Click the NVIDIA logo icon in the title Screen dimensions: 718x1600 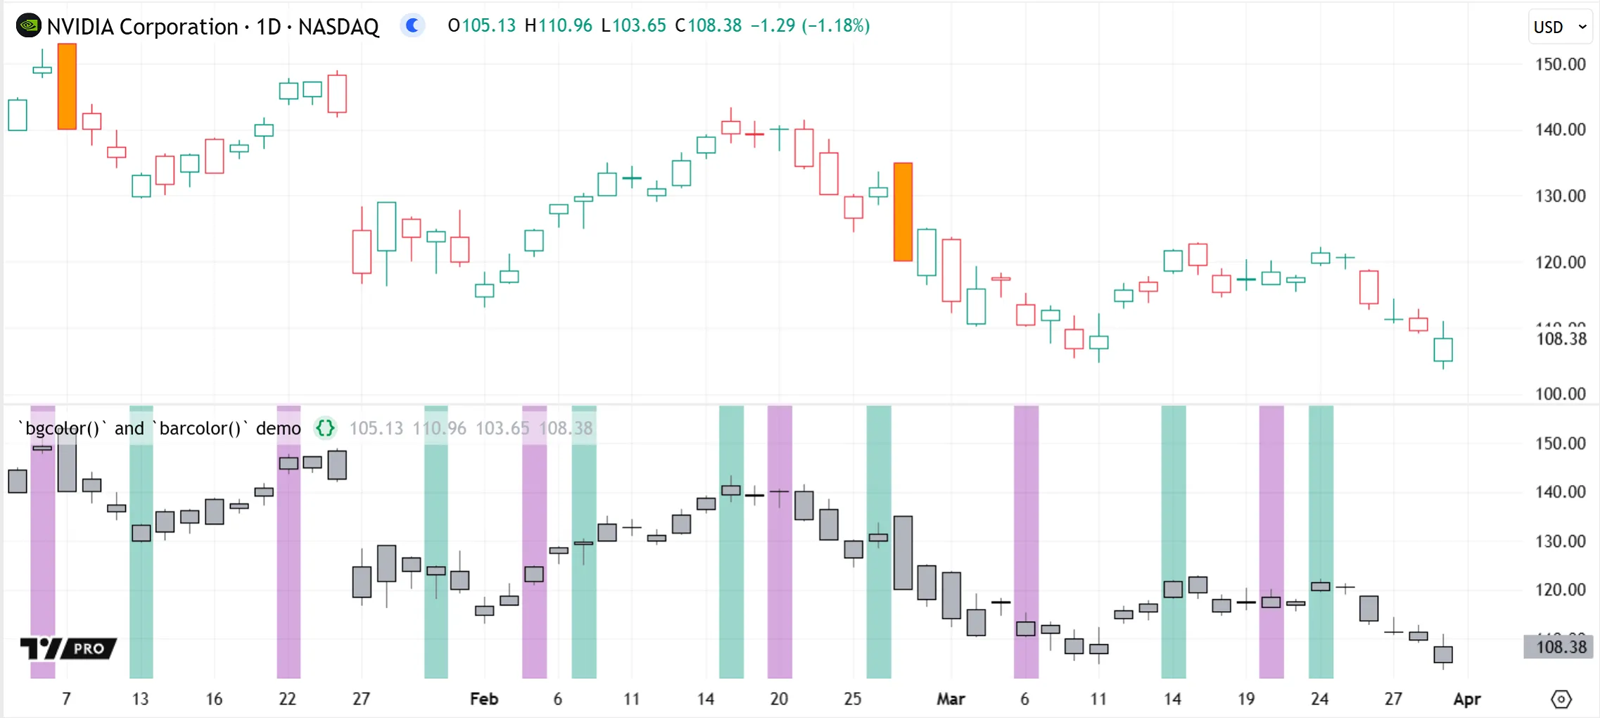28,26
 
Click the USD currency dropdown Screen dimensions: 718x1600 1559,27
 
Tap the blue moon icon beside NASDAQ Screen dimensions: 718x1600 412,26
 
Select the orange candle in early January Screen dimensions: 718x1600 67,87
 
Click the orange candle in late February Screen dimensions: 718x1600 903,212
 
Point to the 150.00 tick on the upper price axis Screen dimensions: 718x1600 1560,64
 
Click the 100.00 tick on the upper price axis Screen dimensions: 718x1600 1560,393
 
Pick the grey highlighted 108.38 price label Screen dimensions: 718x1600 1561,647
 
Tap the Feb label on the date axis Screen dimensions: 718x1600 484,699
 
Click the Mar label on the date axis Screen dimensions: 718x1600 951,699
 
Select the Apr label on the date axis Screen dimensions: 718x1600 1467,699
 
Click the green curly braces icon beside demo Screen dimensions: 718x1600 325,428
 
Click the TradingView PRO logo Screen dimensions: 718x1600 68,648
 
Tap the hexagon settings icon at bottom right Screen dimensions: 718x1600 1561,699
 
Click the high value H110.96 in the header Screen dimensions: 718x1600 559,26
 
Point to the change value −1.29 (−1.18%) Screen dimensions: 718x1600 810,26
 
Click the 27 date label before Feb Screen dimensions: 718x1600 361,699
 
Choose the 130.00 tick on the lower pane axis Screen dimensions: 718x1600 1560,541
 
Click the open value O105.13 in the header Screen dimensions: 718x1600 482,26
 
